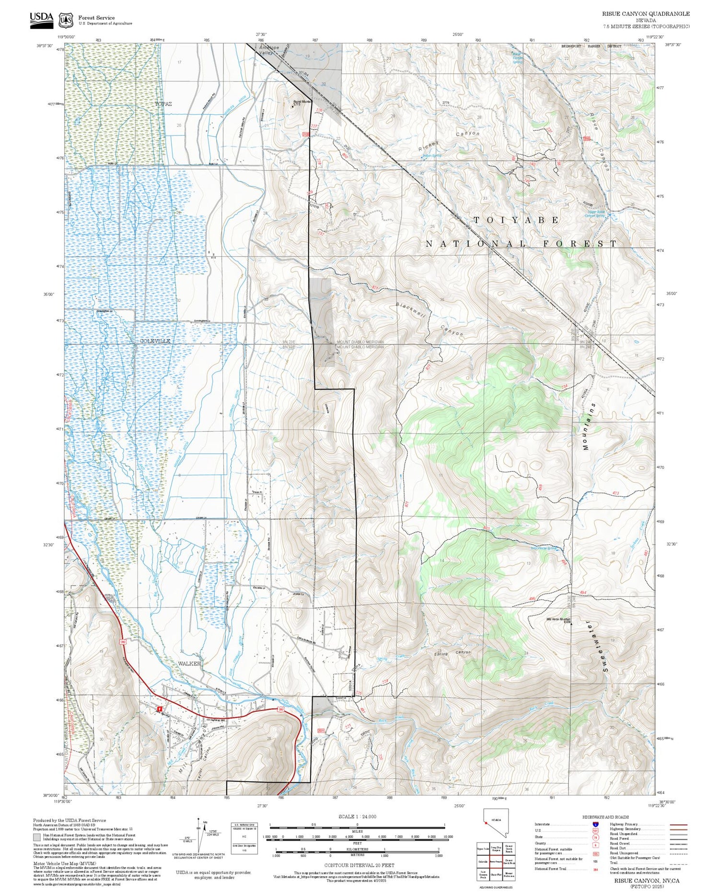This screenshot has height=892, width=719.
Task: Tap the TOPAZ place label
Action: click(163, 103)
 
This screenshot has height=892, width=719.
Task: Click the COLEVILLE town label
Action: click(155, 341)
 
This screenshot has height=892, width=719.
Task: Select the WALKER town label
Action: click(189, 663)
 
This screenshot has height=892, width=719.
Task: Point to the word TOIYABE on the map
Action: click(516, 220)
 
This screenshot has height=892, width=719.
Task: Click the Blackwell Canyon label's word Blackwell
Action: click(411, 311)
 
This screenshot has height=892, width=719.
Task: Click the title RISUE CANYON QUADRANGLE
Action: click(646, 14)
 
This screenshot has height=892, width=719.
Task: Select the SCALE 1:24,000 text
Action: click(357, 817)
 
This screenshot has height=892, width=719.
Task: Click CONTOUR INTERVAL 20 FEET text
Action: click(359, 865)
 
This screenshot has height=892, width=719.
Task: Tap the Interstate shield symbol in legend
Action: click(596, 823)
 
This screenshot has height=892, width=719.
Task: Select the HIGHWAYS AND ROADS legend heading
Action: click(605, 817)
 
